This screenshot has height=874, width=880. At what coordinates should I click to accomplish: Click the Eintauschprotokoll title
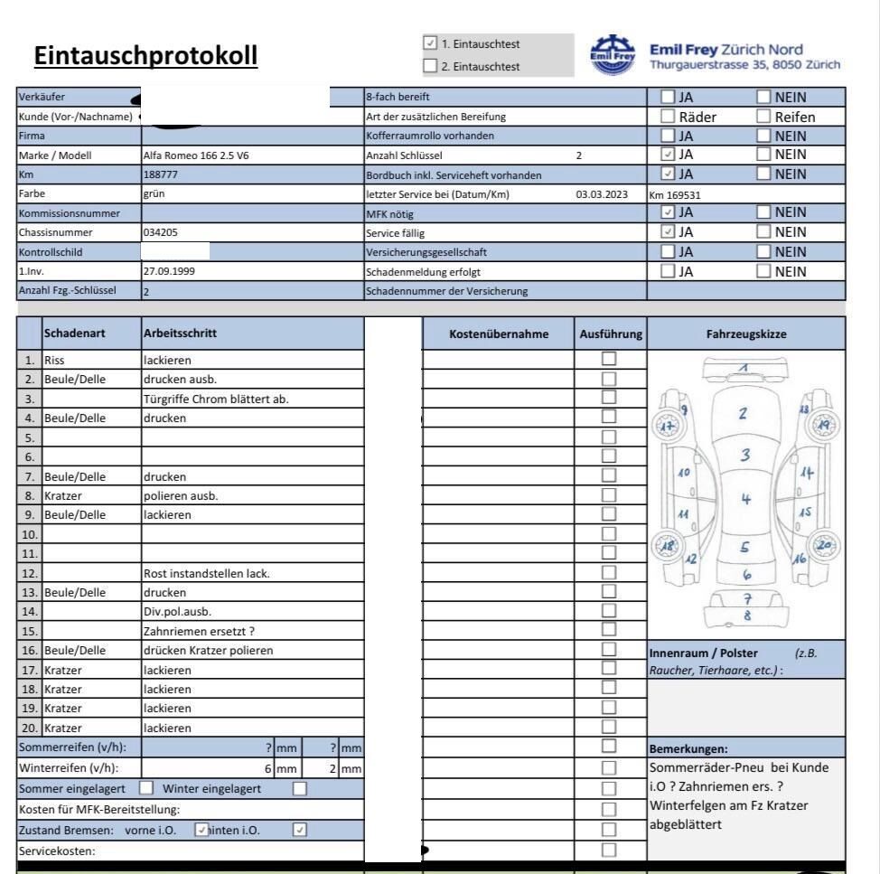[146, 55]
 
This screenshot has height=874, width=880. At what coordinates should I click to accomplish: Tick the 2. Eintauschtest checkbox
[430, 65]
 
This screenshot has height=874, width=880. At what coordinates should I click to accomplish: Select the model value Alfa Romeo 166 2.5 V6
[196, 155]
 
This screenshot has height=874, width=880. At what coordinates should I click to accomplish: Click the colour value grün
[153, 193]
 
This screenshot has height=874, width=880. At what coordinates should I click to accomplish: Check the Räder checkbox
[669, 117]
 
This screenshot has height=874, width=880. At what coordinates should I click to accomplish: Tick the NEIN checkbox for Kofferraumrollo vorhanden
[763, 136]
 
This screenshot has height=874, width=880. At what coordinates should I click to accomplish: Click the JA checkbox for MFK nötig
[669, 213]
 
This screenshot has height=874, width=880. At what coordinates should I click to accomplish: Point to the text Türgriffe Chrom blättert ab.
[215, 399]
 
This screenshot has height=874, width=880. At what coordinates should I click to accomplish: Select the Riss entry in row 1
[56, 359]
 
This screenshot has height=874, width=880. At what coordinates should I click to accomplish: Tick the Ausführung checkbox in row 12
[609, 571]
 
